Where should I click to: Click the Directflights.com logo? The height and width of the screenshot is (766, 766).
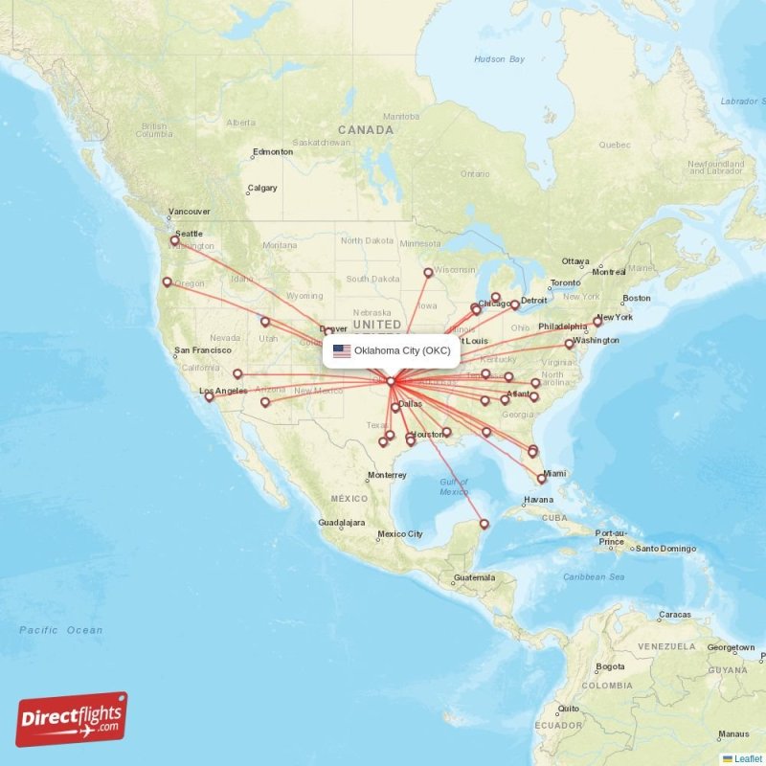pyautogui.click(x=72, y=719)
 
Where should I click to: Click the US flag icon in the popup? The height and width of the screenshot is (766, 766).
pyautogui.click(x=342, y=350)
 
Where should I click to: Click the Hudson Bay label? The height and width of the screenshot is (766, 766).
pyautogui.click(x=500, y=59)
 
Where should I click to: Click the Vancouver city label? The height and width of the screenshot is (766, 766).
pyautogui.click(x=189, y=212)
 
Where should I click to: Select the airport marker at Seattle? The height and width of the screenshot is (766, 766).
pyautogui.click(x=174, y=240)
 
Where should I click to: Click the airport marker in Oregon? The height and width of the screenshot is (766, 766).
pyautogui.click(x=167, y=282)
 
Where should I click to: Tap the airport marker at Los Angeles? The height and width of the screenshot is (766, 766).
pyautogui.click(x=210, y=396)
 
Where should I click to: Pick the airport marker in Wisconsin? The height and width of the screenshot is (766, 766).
pyautogui.click(x=428, y=272)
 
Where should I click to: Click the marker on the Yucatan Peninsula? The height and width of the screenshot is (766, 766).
pyautogui.click(x=484, y=524)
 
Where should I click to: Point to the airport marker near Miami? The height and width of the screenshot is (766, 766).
pyautogui.click(x=541, y=479)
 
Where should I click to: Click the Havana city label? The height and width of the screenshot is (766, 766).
pyautogui.click(x=538, y=500)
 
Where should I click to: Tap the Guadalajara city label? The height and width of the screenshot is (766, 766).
pyautogui.click(x=342, y=524)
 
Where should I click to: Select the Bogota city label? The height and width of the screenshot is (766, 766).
pyautogui.click(x=610, y=666)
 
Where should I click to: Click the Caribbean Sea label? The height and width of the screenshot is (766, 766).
pyautogui.click(x=593, y=577)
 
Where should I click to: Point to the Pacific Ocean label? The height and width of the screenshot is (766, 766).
pyautogui.click(x=61, y=630)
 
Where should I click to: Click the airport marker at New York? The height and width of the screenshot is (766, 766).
pyautogui.click(x=597, y=322)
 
